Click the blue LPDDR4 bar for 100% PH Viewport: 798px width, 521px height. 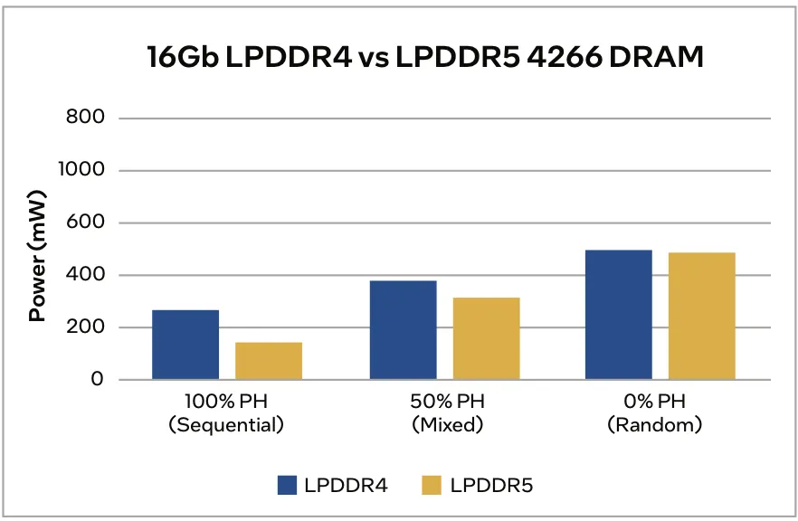tap(185, 345)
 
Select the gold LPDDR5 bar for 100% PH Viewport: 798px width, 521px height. tap(269, 361)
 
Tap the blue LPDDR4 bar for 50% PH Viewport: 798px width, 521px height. tap(403, 330)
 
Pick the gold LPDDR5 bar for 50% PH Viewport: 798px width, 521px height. tap(486, 338)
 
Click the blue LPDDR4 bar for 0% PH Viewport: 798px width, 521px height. tap(618, 315)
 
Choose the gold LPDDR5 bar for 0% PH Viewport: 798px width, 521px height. tap(701, 316)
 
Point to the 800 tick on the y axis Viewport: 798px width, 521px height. tap(86, 118)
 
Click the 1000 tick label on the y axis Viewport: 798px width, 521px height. tap(81, 170)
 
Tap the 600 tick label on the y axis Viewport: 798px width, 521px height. tap(86, 223)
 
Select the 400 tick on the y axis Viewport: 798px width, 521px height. tap(86, 275)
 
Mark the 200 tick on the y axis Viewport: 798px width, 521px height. tap(86, 327)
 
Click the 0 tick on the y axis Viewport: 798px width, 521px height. tap(97, 380)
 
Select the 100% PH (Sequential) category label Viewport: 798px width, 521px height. tap(226, 412)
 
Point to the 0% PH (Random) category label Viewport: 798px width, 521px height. tap(655, 412)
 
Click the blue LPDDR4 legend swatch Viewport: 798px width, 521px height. tap(288, 486)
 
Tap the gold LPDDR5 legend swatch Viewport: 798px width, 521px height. tap(432, 486)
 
